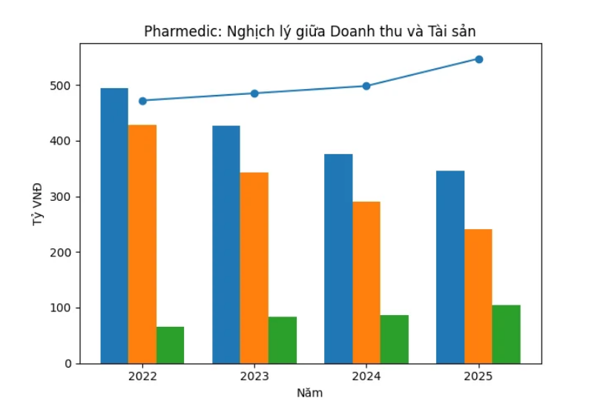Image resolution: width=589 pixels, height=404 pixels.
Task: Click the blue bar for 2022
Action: click(114, 226)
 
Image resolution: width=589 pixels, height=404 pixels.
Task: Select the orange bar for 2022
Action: click(142, 245)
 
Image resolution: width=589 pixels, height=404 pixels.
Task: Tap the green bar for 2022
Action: click(170, 345)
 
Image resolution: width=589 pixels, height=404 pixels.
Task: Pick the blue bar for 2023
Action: click(226, 245)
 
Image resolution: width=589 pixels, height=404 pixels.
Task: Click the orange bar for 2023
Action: click(254, 268)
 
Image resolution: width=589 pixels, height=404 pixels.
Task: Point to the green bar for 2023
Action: click(283, 340)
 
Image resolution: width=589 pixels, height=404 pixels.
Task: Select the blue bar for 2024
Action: click(338, 259)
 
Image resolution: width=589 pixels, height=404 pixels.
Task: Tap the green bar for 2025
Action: click(506, 334)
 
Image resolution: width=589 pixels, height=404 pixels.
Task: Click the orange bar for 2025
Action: click(478, 297)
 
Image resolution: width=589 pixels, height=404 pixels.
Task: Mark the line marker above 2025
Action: click(479, 59)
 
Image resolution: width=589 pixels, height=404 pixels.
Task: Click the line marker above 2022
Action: click(142, 101)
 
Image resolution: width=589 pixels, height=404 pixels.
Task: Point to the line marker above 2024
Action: click(366, 86)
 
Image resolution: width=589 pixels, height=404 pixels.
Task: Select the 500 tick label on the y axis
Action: click(62, 86)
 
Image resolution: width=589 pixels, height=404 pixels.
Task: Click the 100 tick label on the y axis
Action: click(62, 308)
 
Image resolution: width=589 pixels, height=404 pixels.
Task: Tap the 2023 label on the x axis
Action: click(254, 377)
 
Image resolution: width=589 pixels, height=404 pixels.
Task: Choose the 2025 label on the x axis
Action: click(478, 377)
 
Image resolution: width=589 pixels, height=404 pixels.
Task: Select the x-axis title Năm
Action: click(309, 392)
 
